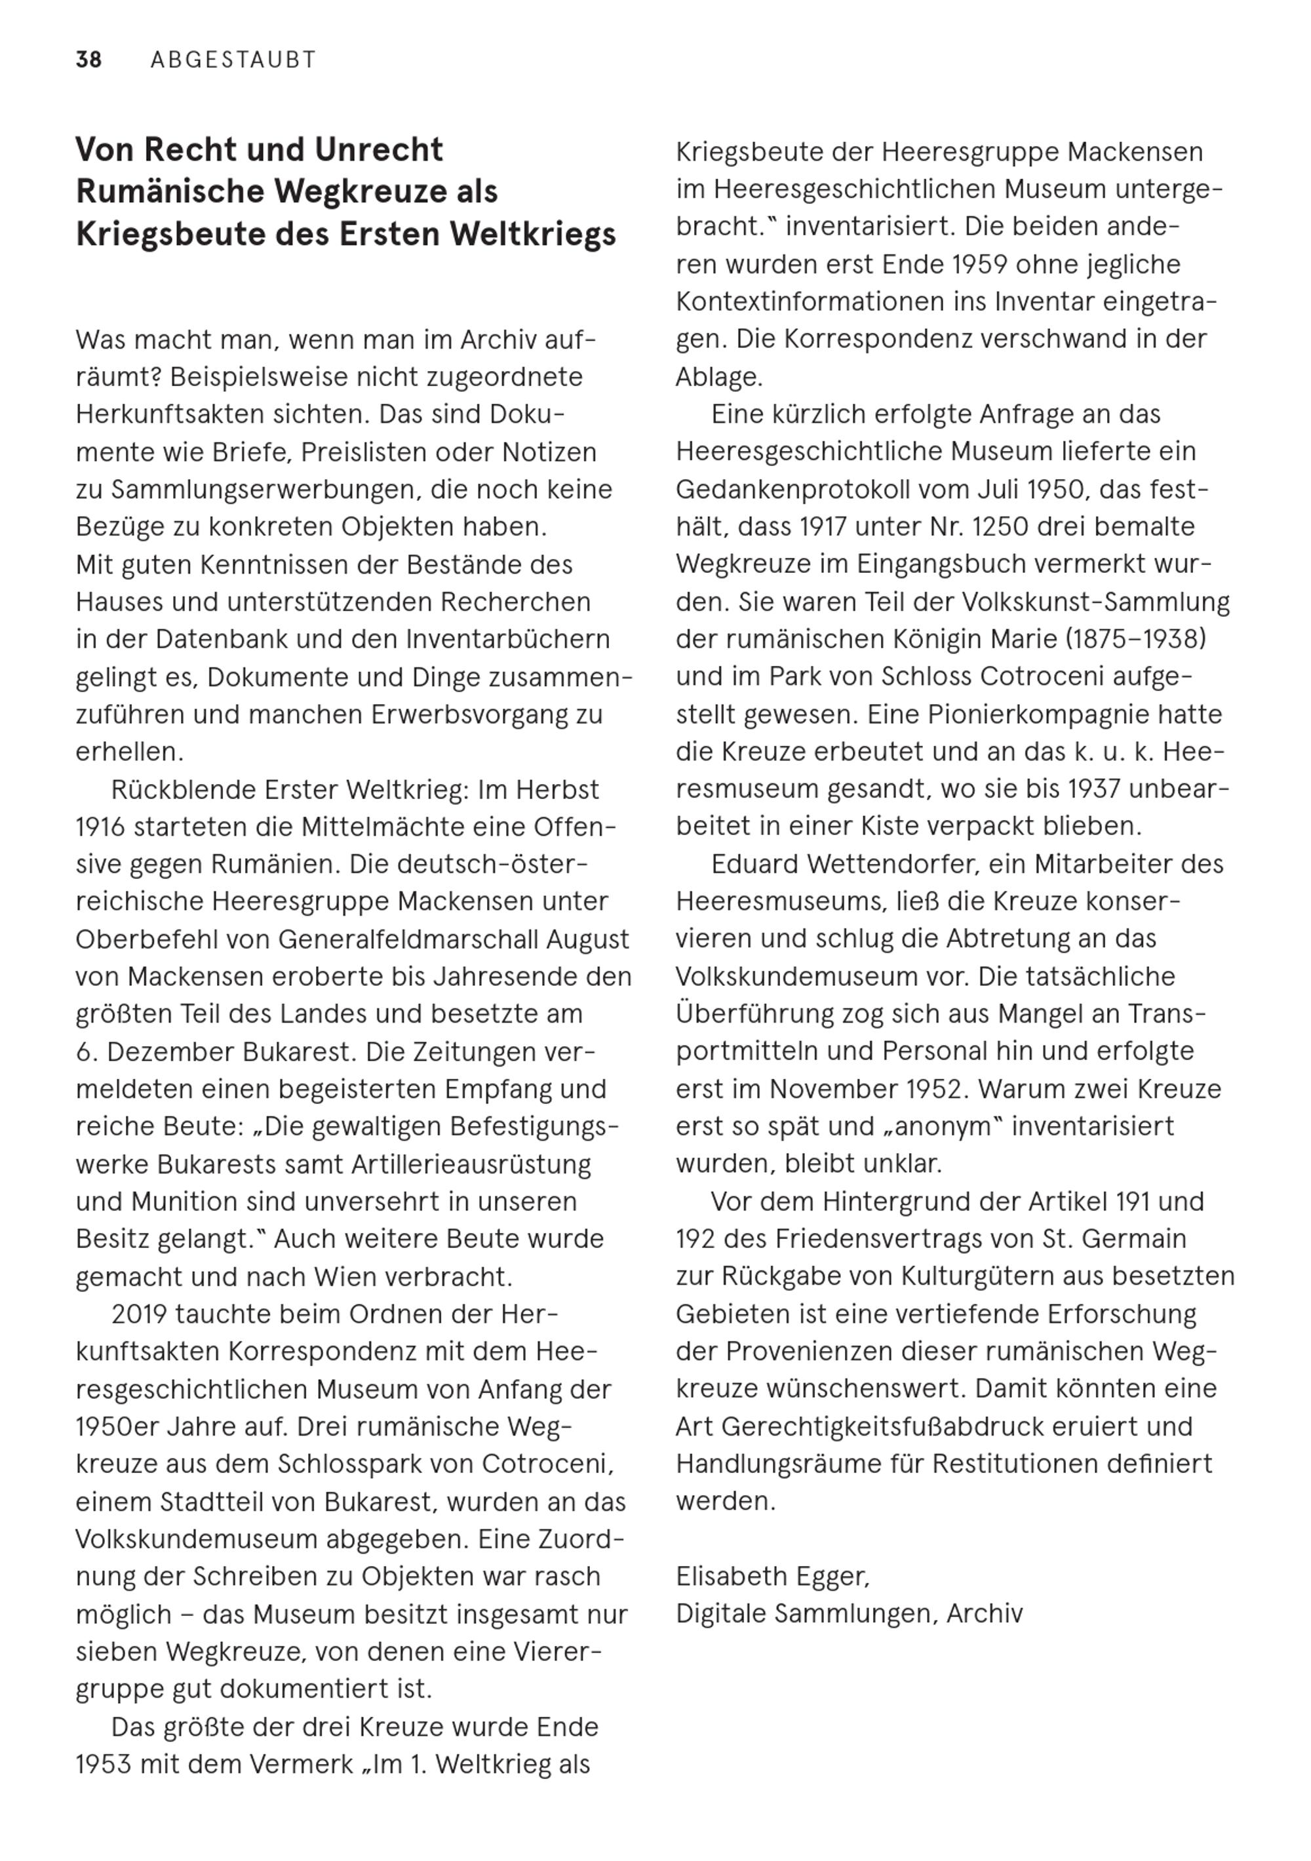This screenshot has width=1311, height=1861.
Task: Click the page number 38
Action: pos(88,60)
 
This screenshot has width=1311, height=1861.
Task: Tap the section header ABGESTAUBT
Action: pos(233,60)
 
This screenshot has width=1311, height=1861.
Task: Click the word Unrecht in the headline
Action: pos(379,150)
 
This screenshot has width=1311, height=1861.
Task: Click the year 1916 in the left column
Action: pos(100,827)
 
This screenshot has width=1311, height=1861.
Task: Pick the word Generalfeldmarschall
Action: pos(410,939)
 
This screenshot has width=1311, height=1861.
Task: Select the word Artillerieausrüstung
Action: pos(471,1165)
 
